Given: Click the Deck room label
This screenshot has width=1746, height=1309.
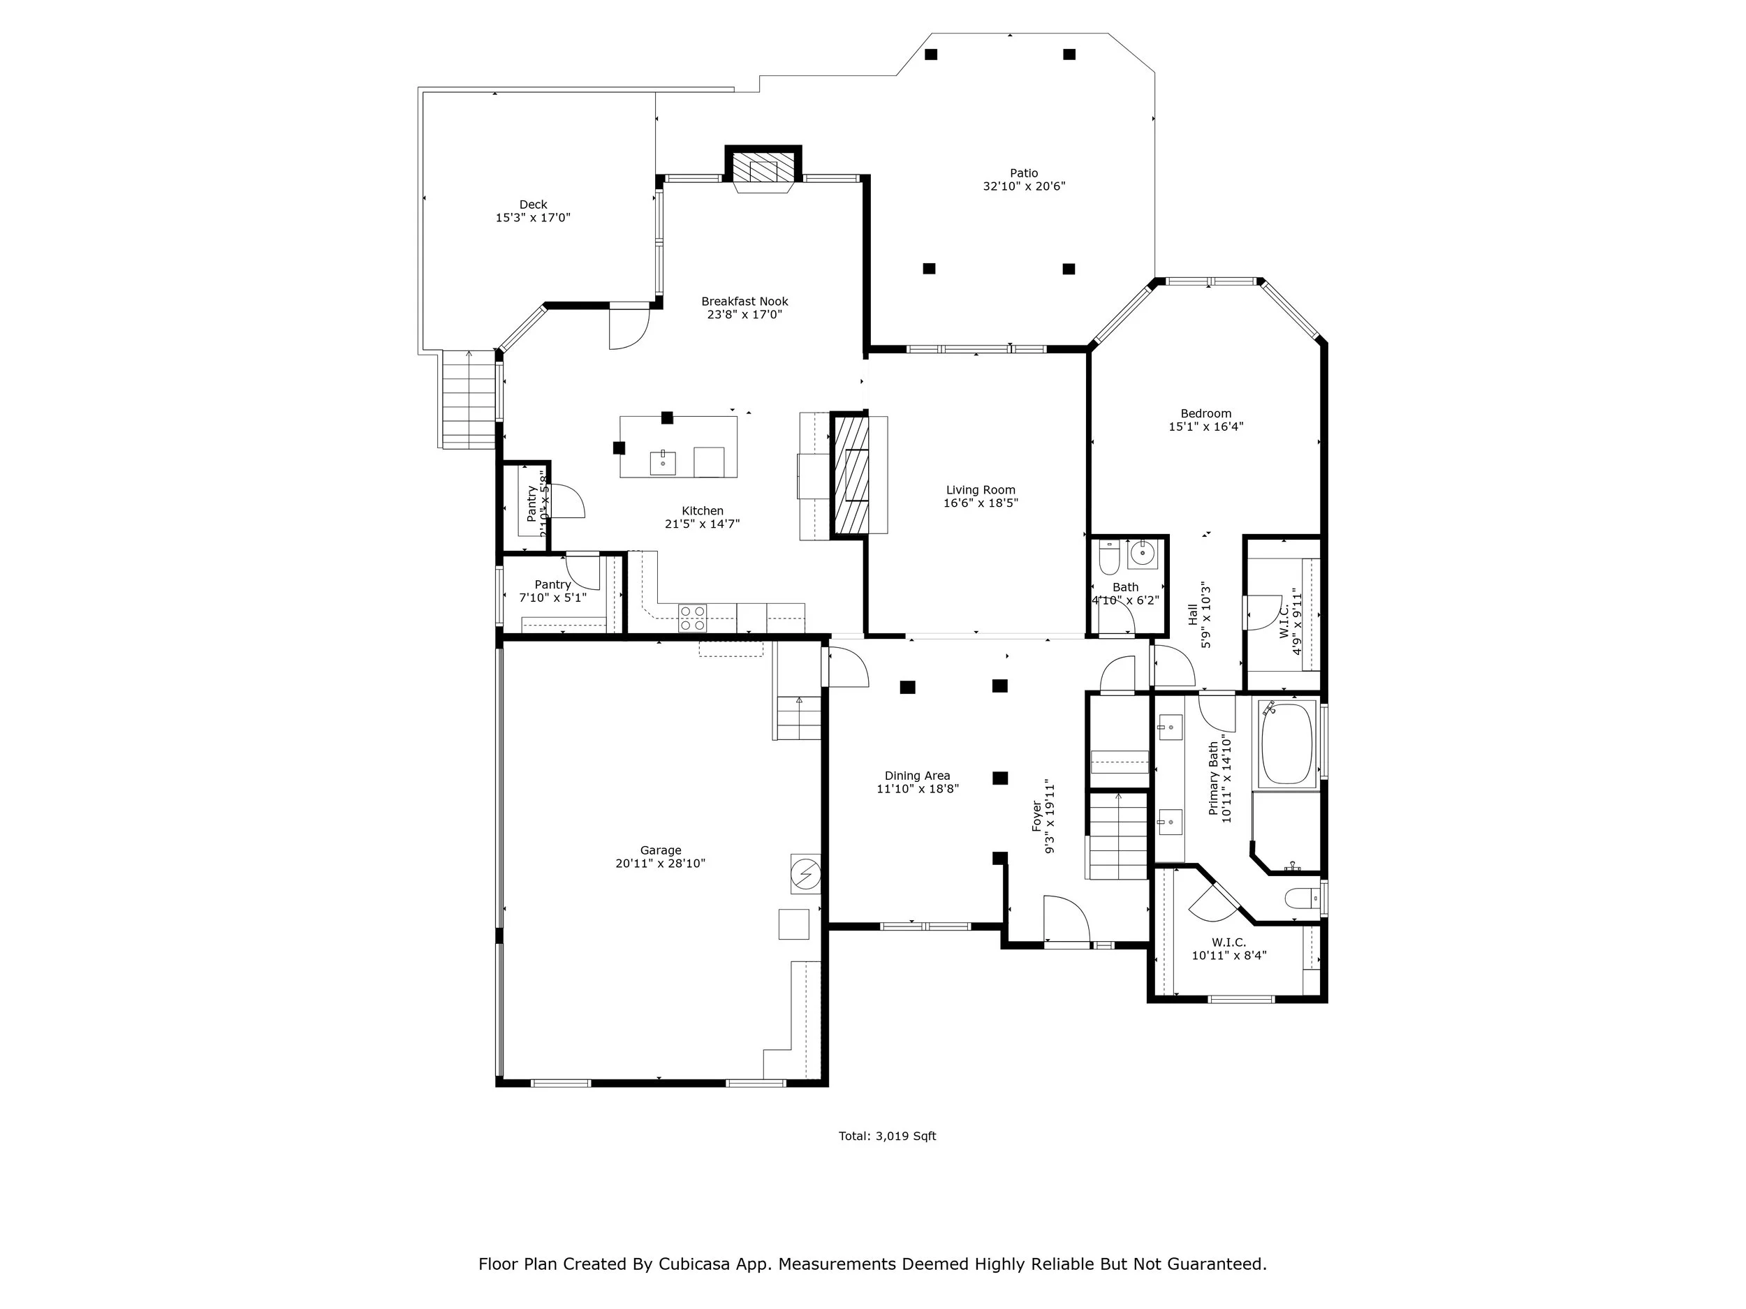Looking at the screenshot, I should (533, 205).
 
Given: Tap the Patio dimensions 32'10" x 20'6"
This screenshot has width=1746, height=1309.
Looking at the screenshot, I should (1024, 187).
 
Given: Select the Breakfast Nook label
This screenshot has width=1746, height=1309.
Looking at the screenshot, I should (744, 302).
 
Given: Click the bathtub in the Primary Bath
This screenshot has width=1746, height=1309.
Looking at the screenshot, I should (1286, 744).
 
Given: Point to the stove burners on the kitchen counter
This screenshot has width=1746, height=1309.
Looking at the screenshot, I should (692, 618).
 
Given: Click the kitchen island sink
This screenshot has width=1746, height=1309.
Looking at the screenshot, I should (662, 462).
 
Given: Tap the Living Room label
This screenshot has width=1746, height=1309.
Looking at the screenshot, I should (981, 490).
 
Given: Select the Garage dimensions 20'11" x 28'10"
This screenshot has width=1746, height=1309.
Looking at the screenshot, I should (660, 863).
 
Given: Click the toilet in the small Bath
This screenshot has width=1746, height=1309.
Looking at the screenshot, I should (1109, 558).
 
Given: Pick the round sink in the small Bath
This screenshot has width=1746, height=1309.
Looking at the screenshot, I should (1142, 554).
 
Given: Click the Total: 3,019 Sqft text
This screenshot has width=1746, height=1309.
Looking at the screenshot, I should (886, 1136).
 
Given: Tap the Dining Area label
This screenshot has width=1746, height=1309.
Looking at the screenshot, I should (917, 776).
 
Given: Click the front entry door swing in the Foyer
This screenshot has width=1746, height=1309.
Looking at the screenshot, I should (1066, 919).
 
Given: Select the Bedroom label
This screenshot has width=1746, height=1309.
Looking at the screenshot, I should (1205, 413).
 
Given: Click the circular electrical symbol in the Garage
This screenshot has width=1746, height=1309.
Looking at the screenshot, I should (806, 874).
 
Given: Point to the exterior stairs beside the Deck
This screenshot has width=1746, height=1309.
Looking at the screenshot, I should (469, 400).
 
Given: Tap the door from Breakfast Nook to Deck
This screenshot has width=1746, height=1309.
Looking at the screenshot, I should (629, 327).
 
